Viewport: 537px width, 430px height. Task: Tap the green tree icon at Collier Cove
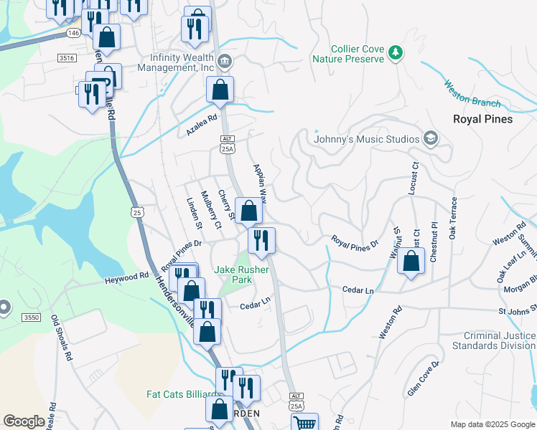pos(394,52)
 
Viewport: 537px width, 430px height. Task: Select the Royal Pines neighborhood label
pos(482,119)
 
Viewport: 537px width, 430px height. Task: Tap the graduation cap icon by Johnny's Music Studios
pos(430,138)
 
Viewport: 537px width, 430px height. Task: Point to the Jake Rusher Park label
pos(242,274)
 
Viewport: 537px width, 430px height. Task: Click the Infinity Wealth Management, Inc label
pos(182,62)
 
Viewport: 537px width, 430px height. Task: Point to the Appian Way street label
pos(260,183)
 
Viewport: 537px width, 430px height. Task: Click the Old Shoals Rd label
pos(62,340)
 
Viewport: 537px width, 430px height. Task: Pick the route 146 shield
pos(73,33)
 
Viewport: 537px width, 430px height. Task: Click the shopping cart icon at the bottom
pos(306,421)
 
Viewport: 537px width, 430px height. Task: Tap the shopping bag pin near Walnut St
pos(411,261)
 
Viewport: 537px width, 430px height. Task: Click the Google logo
pos(24,421)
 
